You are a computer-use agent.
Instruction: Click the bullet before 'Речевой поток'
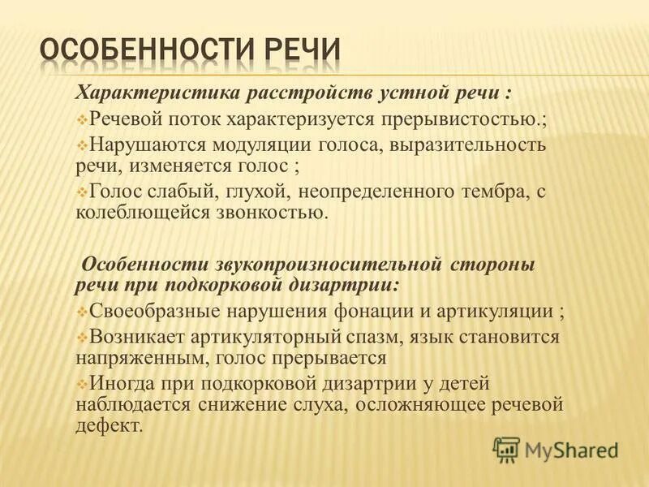[82, 119]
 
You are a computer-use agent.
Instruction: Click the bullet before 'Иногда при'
[82, 385]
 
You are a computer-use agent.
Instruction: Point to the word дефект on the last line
[108, 425]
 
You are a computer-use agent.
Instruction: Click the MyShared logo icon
[506, 448]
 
